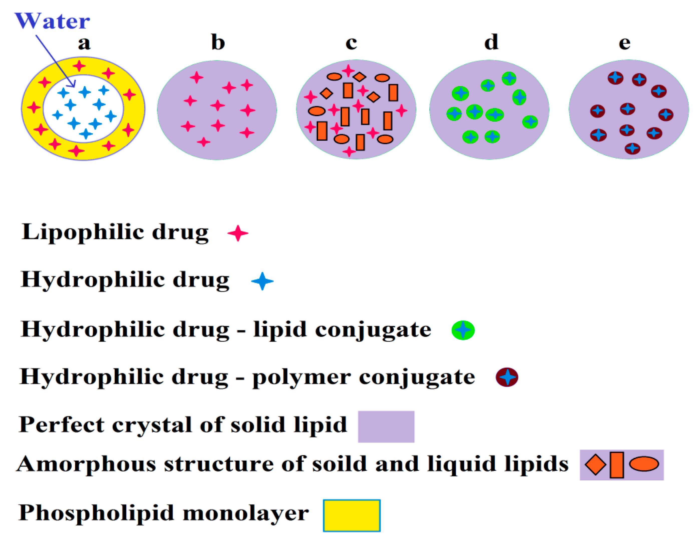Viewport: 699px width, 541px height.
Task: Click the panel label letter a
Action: [84, 43]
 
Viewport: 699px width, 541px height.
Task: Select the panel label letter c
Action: [351, 43]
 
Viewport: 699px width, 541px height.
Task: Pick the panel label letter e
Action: [624, 43]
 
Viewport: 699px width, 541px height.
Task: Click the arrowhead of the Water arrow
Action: [73, 84]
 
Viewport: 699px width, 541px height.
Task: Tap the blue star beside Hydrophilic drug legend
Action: [262, 281]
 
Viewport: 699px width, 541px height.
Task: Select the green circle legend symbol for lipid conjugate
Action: [463, 330]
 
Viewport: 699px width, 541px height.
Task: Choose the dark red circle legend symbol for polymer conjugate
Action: [507, 377]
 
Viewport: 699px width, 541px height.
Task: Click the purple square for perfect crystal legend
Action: [386, 427]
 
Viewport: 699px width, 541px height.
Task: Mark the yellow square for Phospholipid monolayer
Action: [352, 516]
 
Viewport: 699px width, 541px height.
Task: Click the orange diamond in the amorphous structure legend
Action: [595, 465]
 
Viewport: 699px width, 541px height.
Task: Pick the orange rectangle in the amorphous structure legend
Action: [617, 465]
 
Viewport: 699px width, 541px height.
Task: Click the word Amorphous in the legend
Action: [86, 464]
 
